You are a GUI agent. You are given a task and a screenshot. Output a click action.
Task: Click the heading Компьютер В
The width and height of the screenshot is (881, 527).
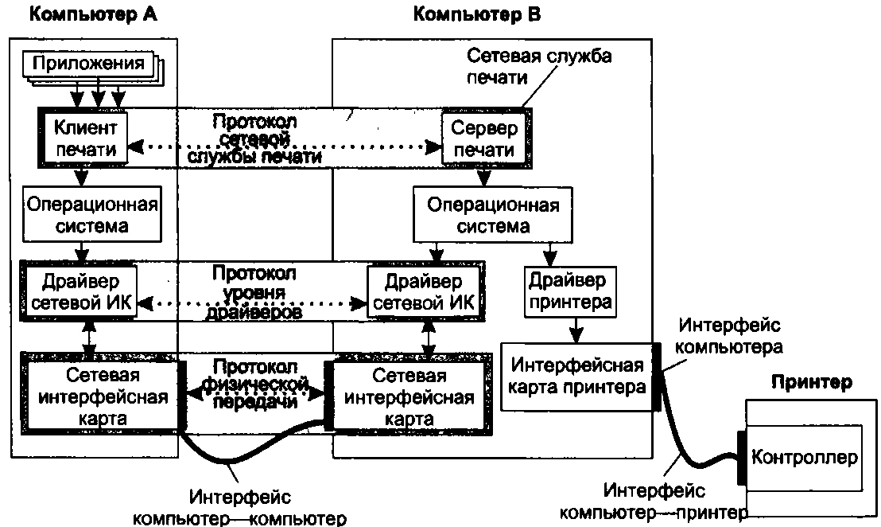click(478, 14)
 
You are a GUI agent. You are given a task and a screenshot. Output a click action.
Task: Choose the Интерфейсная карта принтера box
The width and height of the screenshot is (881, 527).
click(576, 377)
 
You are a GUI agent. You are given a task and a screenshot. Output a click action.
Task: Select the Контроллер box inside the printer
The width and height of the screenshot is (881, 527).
click(805, 458)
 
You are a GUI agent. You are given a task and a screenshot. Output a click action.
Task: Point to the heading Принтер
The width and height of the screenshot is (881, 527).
click(811, 382)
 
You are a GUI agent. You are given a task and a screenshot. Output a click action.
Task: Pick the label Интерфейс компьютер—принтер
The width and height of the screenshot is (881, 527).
click(654, 501)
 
